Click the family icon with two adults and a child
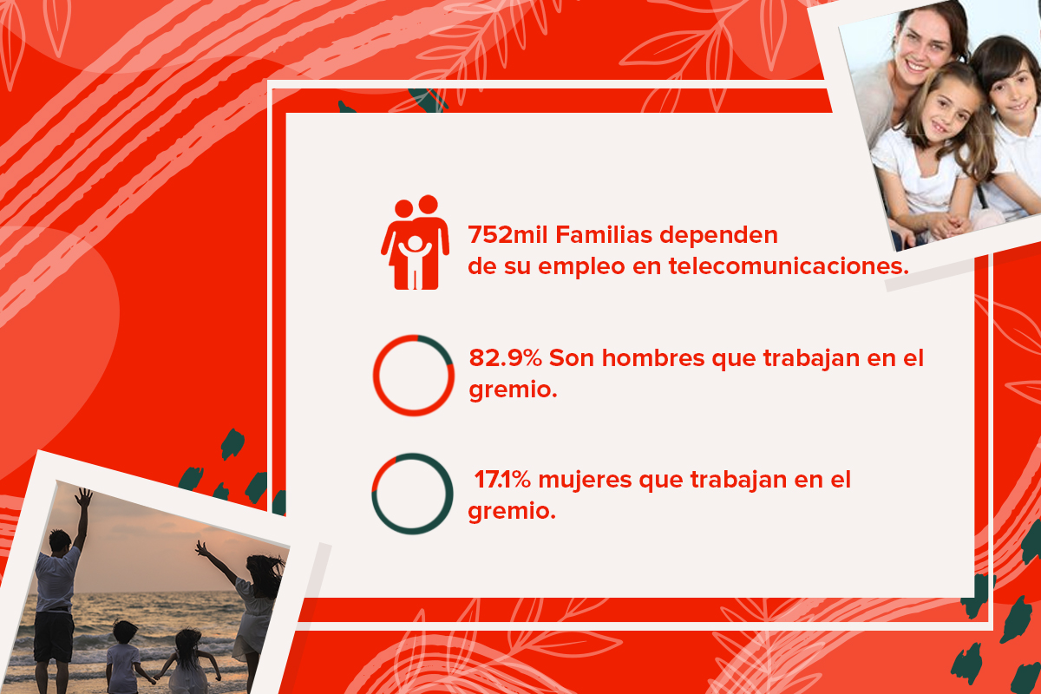point(415,242)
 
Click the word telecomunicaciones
point(789,266)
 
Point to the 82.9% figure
point(505,358)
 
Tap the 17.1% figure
point(502,481)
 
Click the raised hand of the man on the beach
point(84,498)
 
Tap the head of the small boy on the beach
point(125,632)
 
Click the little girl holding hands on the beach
point(190,661)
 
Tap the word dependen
point(718,236)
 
